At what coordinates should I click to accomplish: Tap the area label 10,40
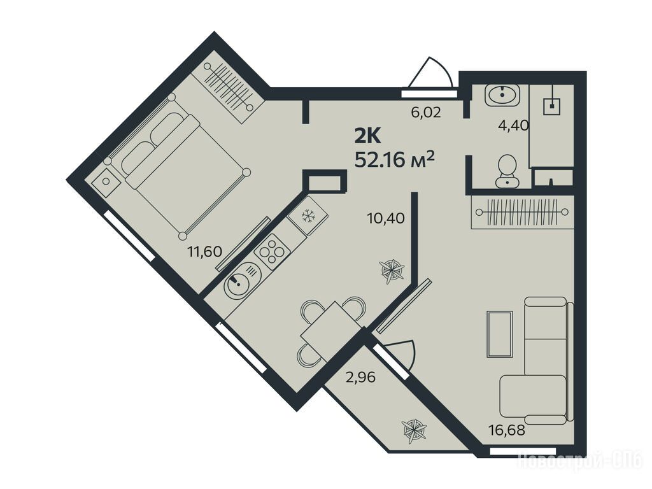tap(386, 218)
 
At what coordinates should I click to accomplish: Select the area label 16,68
tap(507, 430)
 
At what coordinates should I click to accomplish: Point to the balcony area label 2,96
tap(360, 377)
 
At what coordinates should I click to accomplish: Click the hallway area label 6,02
tap(426, 112)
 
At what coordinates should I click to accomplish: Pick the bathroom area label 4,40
tap(513, 125)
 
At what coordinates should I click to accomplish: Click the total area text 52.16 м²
tap(394, 159)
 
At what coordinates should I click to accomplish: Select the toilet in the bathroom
tap(507, 171)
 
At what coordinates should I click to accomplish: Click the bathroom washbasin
tap(502, 95)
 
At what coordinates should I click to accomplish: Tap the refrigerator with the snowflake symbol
tap(308, 216)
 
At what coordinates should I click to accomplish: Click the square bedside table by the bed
tap(106, 181)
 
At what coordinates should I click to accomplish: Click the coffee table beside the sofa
tap(499, 334)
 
